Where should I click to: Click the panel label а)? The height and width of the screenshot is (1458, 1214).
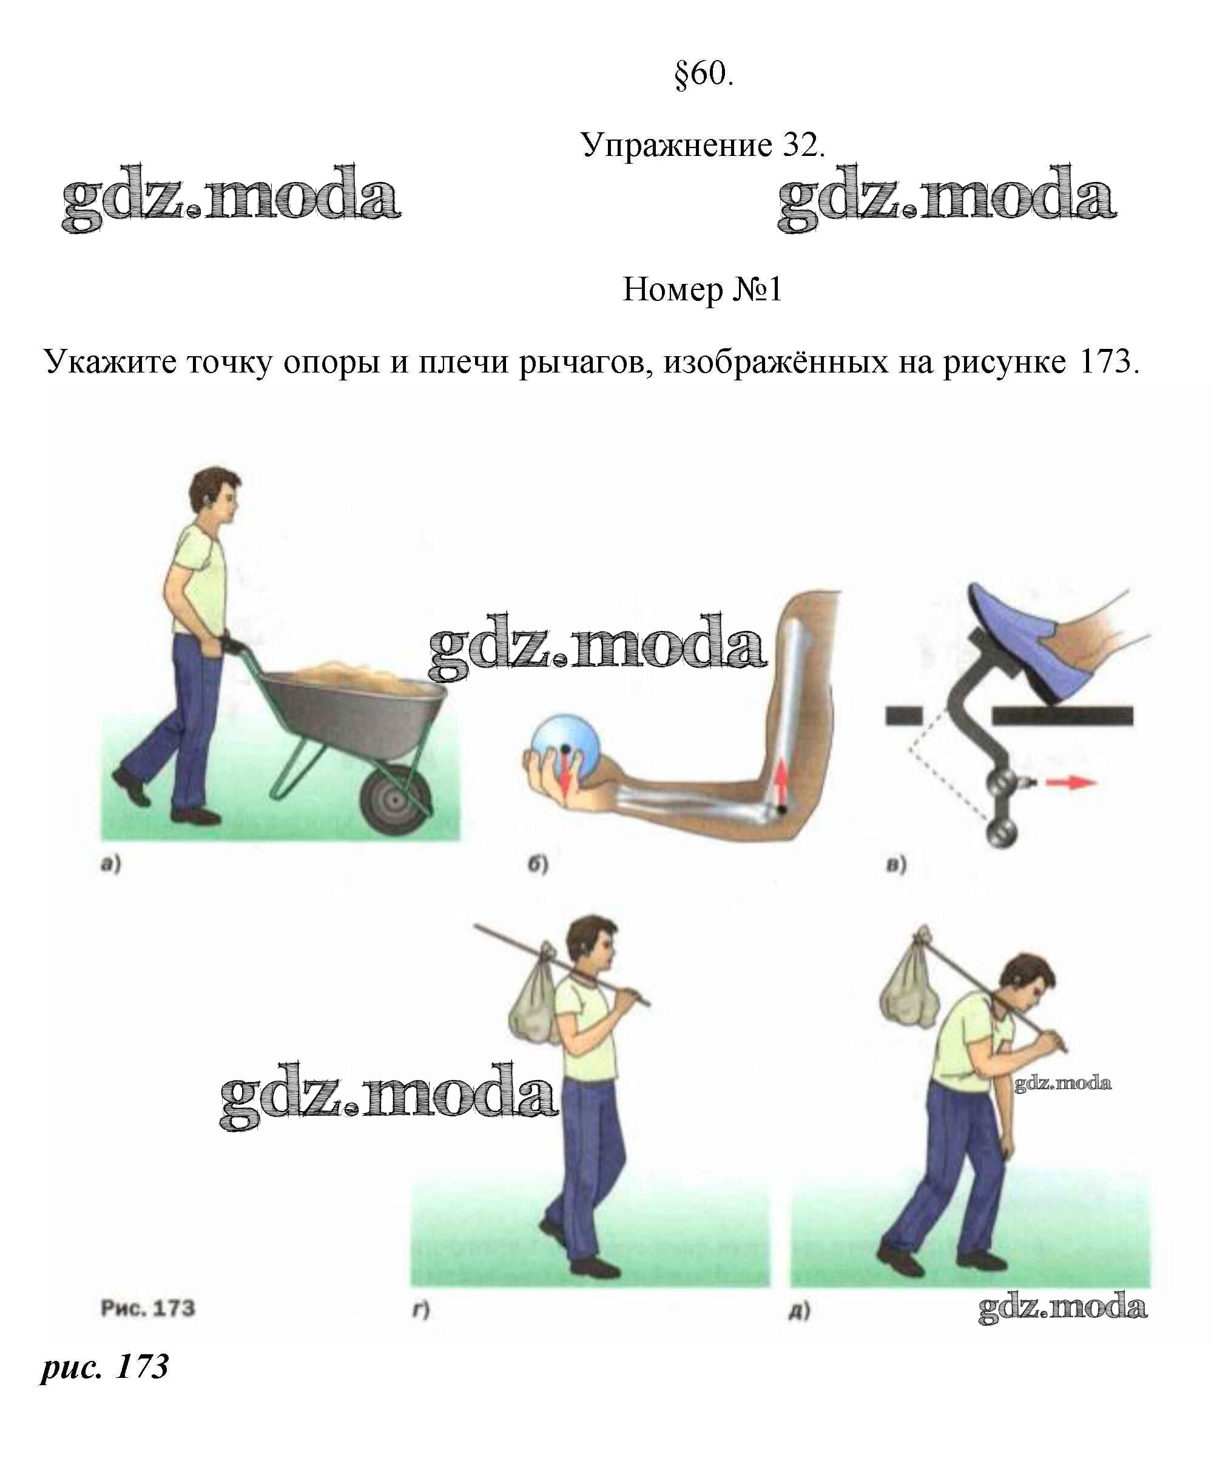[x=111, y=865]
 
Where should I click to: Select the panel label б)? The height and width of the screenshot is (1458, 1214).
[x=538, y=865]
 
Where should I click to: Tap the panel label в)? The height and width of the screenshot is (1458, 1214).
[x=896, y=865]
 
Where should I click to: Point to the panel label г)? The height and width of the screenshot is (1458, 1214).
[x=421, y=1310]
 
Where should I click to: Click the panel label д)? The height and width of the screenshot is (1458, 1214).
[x=800, y=1311]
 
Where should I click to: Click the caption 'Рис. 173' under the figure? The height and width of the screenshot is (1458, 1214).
[x=148, y=1308]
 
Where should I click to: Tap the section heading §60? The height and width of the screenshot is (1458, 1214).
[x=704, y=73]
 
